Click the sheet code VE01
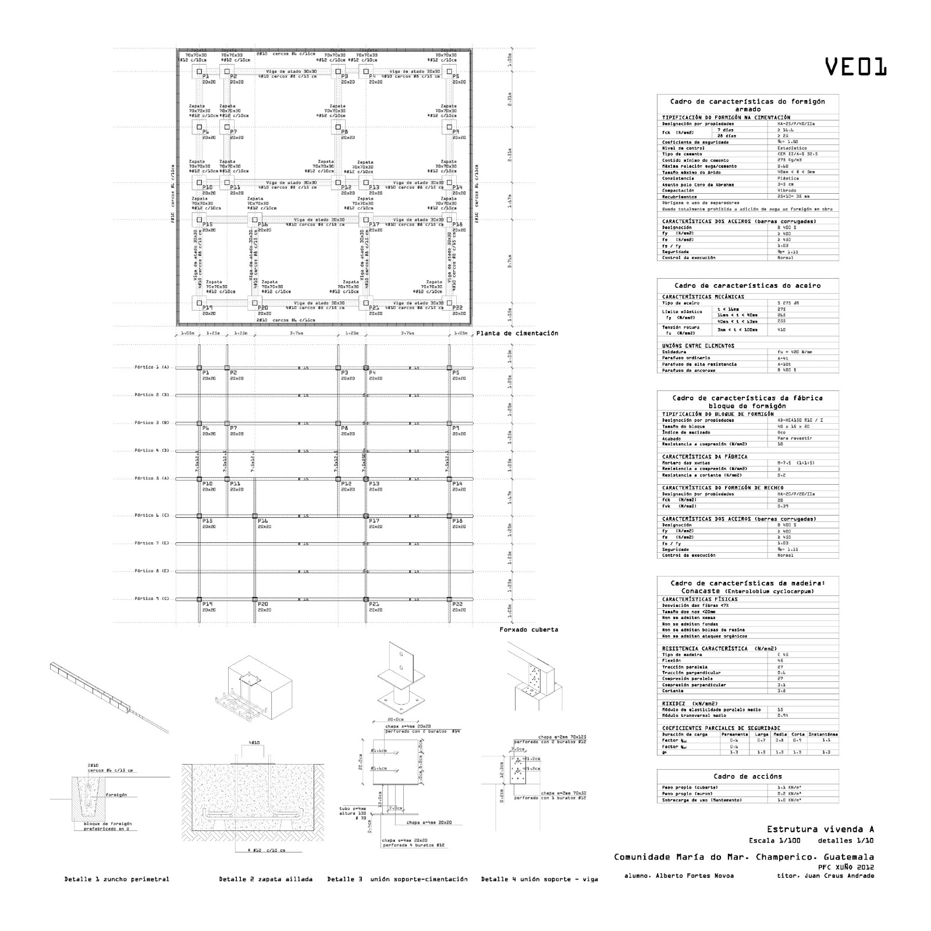[855, 67]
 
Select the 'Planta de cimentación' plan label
[517, 333]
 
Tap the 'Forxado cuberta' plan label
[528, 630]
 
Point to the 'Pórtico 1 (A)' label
[151, 367]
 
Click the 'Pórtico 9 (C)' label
[151, 599]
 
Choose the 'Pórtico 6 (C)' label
[151, 516]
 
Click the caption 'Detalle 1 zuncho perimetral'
[116, 879]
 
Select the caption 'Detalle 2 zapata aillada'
[265, 879]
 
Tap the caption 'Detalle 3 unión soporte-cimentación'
[397, 879]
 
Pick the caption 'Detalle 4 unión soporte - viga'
[539, 879]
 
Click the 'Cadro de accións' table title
[748, 776]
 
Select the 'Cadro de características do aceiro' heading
[748, 286]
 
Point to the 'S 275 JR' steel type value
[788, 303]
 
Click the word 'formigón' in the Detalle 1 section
[116, 795]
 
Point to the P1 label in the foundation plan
[205, 76]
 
